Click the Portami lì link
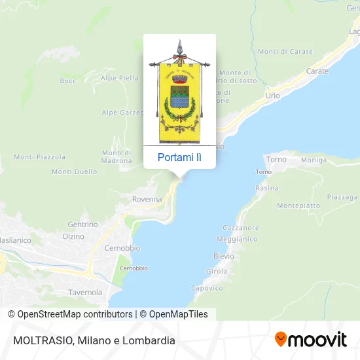pyautogui.click(x=179, y=157)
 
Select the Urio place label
pyautogui.click(x=272, y=96)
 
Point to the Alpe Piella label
pyautogui.click(x=119, y=77)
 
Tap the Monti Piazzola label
pyautogui.click(x=40, y=157)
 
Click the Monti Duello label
pyautogui.click(x=70, y=172)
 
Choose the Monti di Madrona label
pyautogui.click(x=117, y=156)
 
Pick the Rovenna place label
pyautogui.click(x=147, y=199)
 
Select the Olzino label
pyautogui.click(x=73, y=236)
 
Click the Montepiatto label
pyautogui.click(x=298, y=205)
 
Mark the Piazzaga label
pyautogui.click(x=343, y=196)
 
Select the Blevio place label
pyautogui.click(x=224, y=255)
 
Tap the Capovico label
pyautogui.click(x=207, y=288)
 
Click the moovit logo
pyautogui.click(x=311, y=339)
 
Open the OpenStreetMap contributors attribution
pyautogui.click(x=75, y=314)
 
